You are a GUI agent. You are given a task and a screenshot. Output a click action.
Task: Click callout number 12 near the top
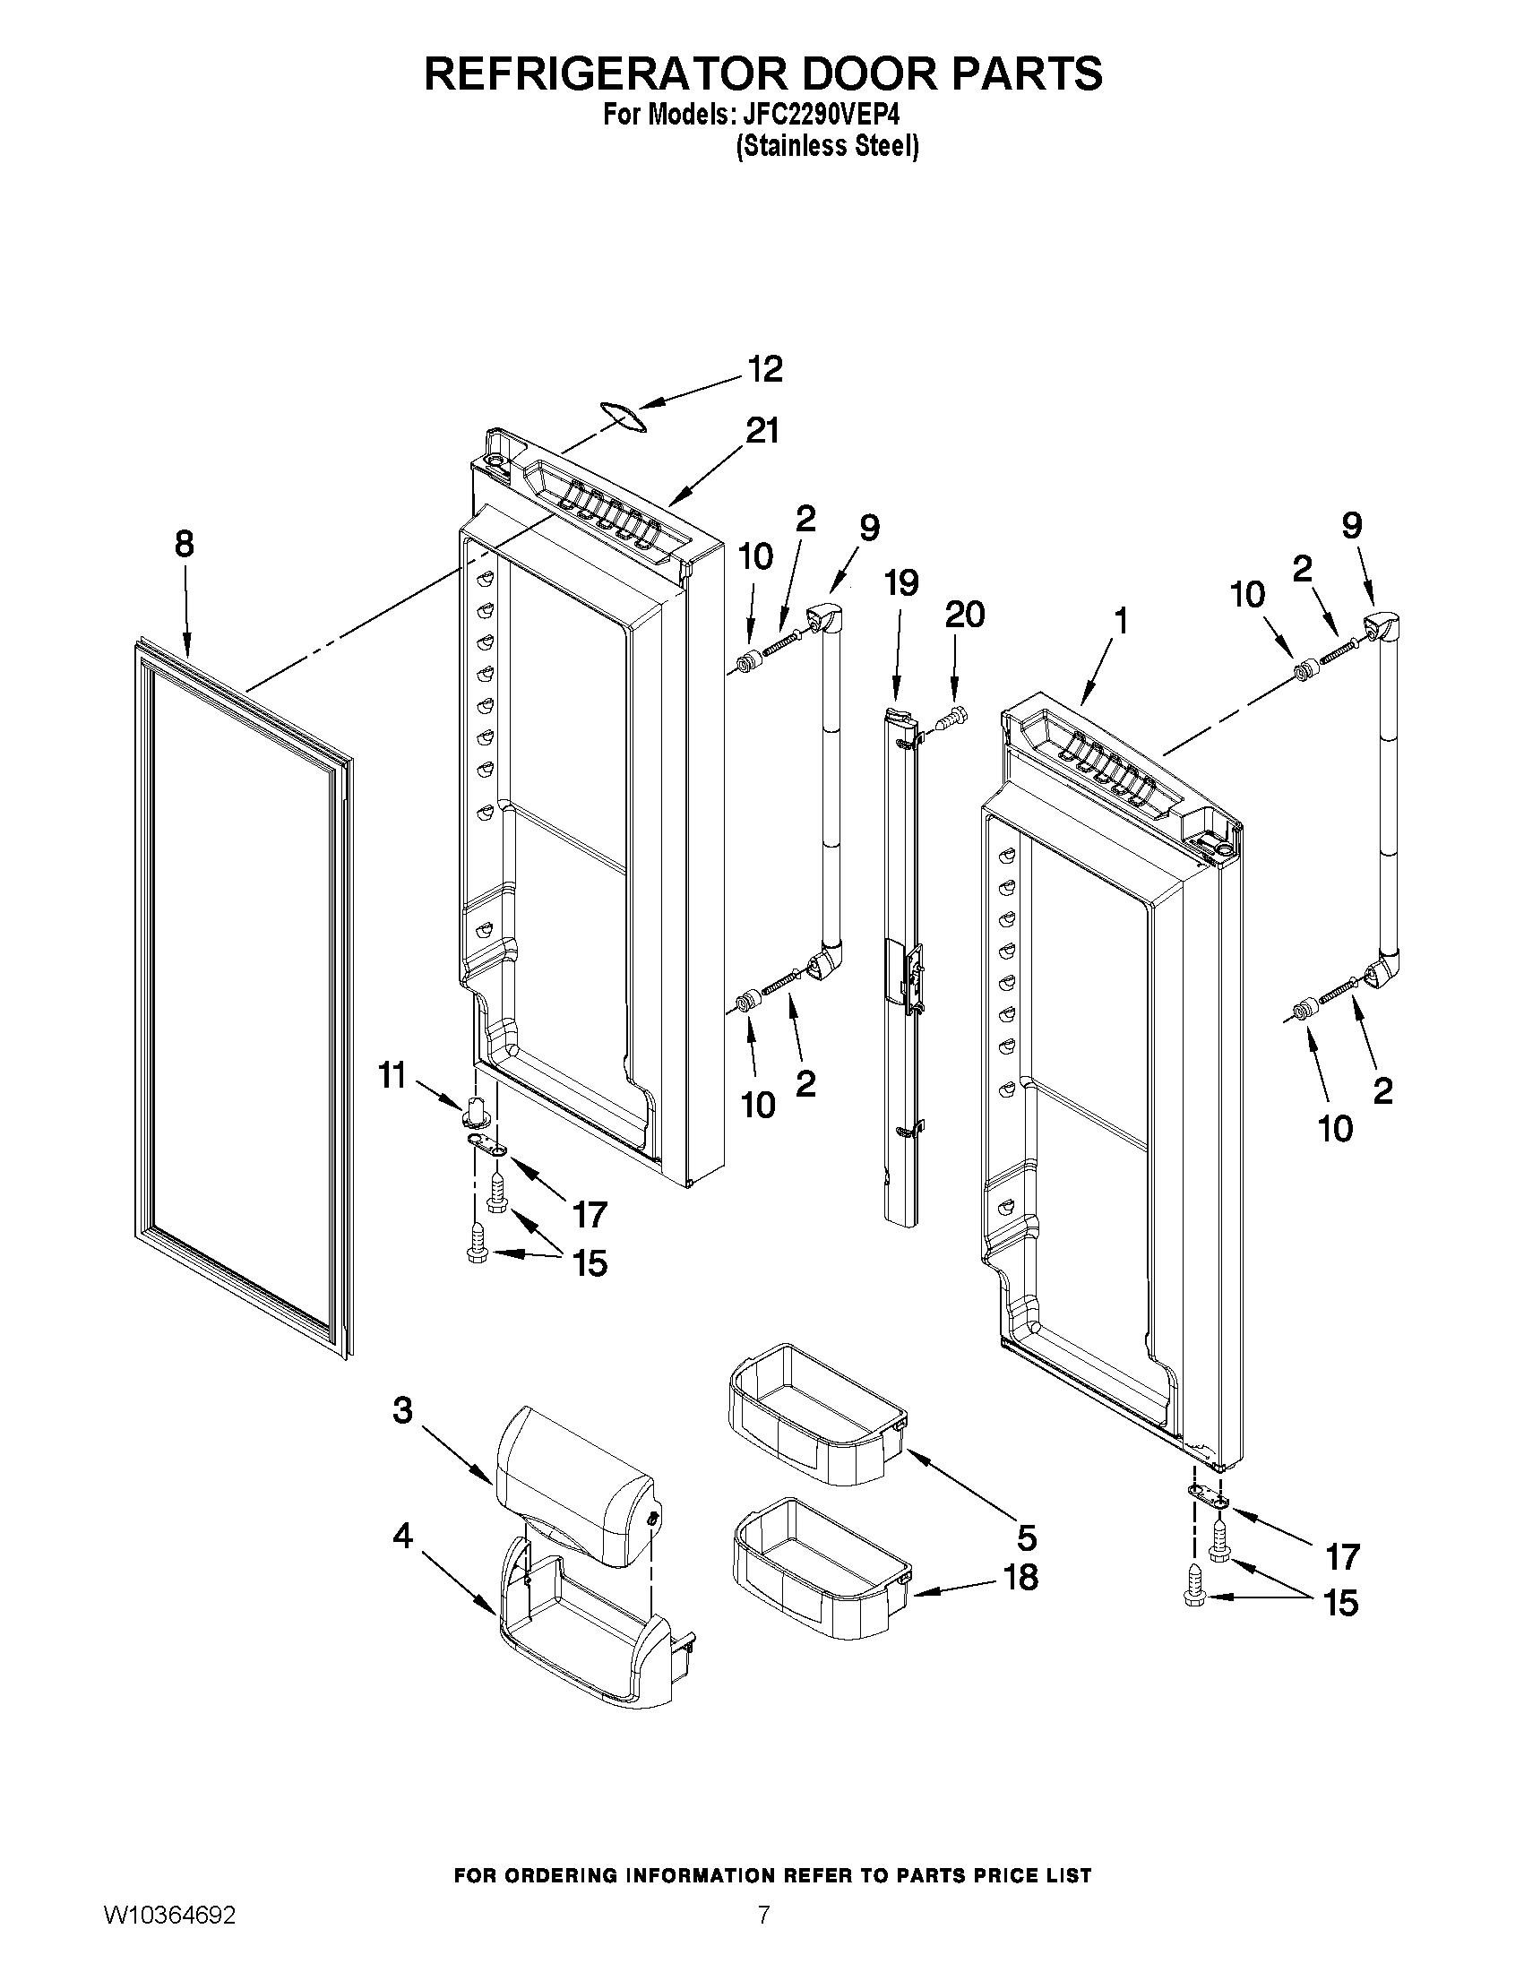765,369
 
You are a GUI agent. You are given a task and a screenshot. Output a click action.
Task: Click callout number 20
964,615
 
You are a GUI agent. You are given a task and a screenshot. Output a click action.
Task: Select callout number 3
402,1409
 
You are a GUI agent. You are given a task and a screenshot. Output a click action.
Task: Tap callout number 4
402,1535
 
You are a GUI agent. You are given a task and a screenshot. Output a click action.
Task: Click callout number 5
1027,1536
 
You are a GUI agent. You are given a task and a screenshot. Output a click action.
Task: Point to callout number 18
1020,1577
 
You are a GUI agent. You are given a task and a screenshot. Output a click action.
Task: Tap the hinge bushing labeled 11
476,1113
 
